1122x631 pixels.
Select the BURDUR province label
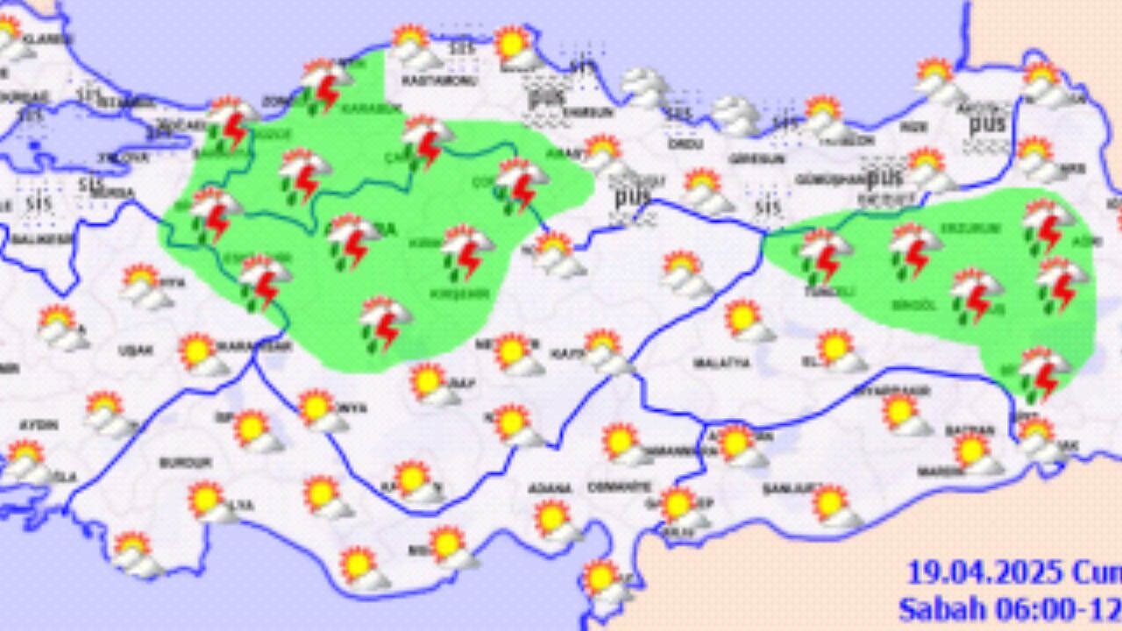coord(185,462)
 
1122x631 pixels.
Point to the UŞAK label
coord(136,351)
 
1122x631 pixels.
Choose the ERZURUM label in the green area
coord(958,228)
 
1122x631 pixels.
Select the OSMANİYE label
coord(619,486)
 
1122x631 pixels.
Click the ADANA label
coord(550,488)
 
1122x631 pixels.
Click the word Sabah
coord(938,608)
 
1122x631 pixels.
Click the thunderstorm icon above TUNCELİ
coord(824,253)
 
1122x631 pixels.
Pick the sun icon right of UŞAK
coord(200,353)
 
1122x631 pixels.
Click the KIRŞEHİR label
coord(458,294)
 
